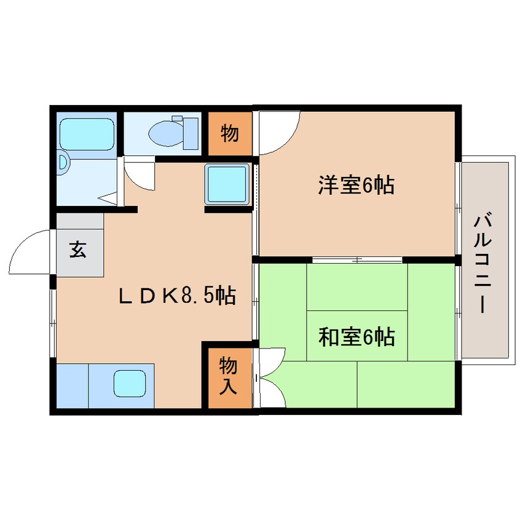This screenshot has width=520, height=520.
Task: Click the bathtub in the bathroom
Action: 87,135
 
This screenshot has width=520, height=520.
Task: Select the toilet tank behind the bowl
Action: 191,133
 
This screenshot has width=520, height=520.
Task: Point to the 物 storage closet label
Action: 229,133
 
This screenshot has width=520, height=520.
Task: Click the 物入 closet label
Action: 228,376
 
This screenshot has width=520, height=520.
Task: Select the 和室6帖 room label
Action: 357,337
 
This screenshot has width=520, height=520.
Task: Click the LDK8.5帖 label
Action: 178,295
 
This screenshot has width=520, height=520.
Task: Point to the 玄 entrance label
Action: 78,249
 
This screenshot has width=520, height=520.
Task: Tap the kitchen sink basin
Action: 130,383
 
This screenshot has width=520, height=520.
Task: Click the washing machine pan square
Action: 227,184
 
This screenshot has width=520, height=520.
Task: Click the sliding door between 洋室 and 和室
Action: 357,259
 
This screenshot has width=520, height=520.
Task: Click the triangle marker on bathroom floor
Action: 108,199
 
